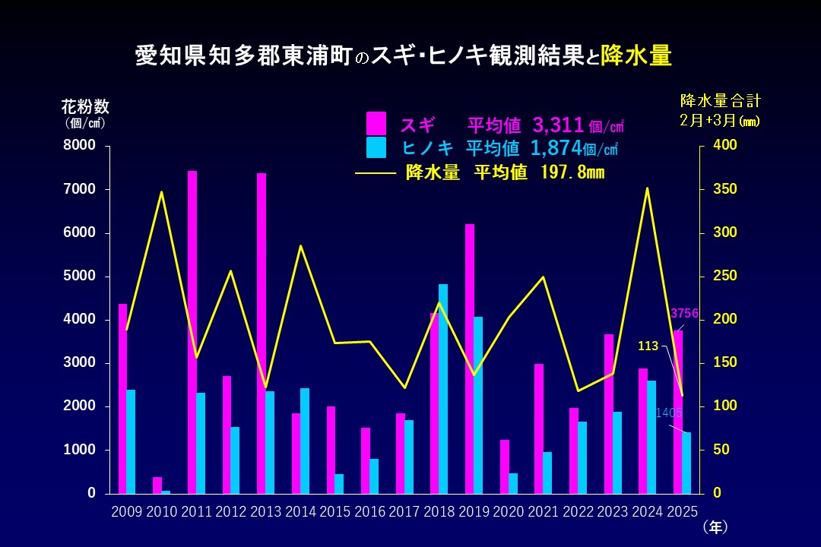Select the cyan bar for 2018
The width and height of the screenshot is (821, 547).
click(x=443, y=388)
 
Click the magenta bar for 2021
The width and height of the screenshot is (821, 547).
click(x=539, y=428)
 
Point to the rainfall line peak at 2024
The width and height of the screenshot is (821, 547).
click(x=647, y=188)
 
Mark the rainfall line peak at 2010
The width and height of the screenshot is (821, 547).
click(x=161, y=191)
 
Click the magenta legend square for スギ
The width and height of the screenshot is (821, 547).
click(x=376, y=123)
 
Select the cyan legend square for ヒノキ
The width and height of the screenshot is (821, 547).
click(x=376, y=147)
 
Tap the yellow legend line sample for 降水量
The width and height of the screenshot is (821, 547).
click(x=376, y=173)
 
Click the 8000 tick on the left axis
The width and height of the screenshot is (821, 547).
click(x=79, y=146)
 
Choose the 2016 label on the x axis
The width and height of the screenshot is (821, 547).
click(x=369, y=512)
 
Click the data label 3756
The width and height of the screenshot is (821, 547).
click(x=684, y=314)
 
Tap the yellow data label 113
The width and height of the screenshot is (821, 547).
click(x=648, y=346)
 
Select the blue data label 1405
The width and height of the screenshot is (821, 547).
click(x=669, y=413)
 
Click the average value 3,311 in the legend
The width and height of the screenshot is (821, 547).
click(x=558, y=124)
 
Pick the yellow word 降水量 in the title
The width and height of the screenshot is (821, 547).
click(x=636, y=56)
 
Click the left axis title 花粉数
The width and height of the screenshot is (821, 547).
click(x=85, y=106)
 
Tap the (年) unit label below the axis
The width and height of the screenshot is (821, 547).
click(x=715, y=526)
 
